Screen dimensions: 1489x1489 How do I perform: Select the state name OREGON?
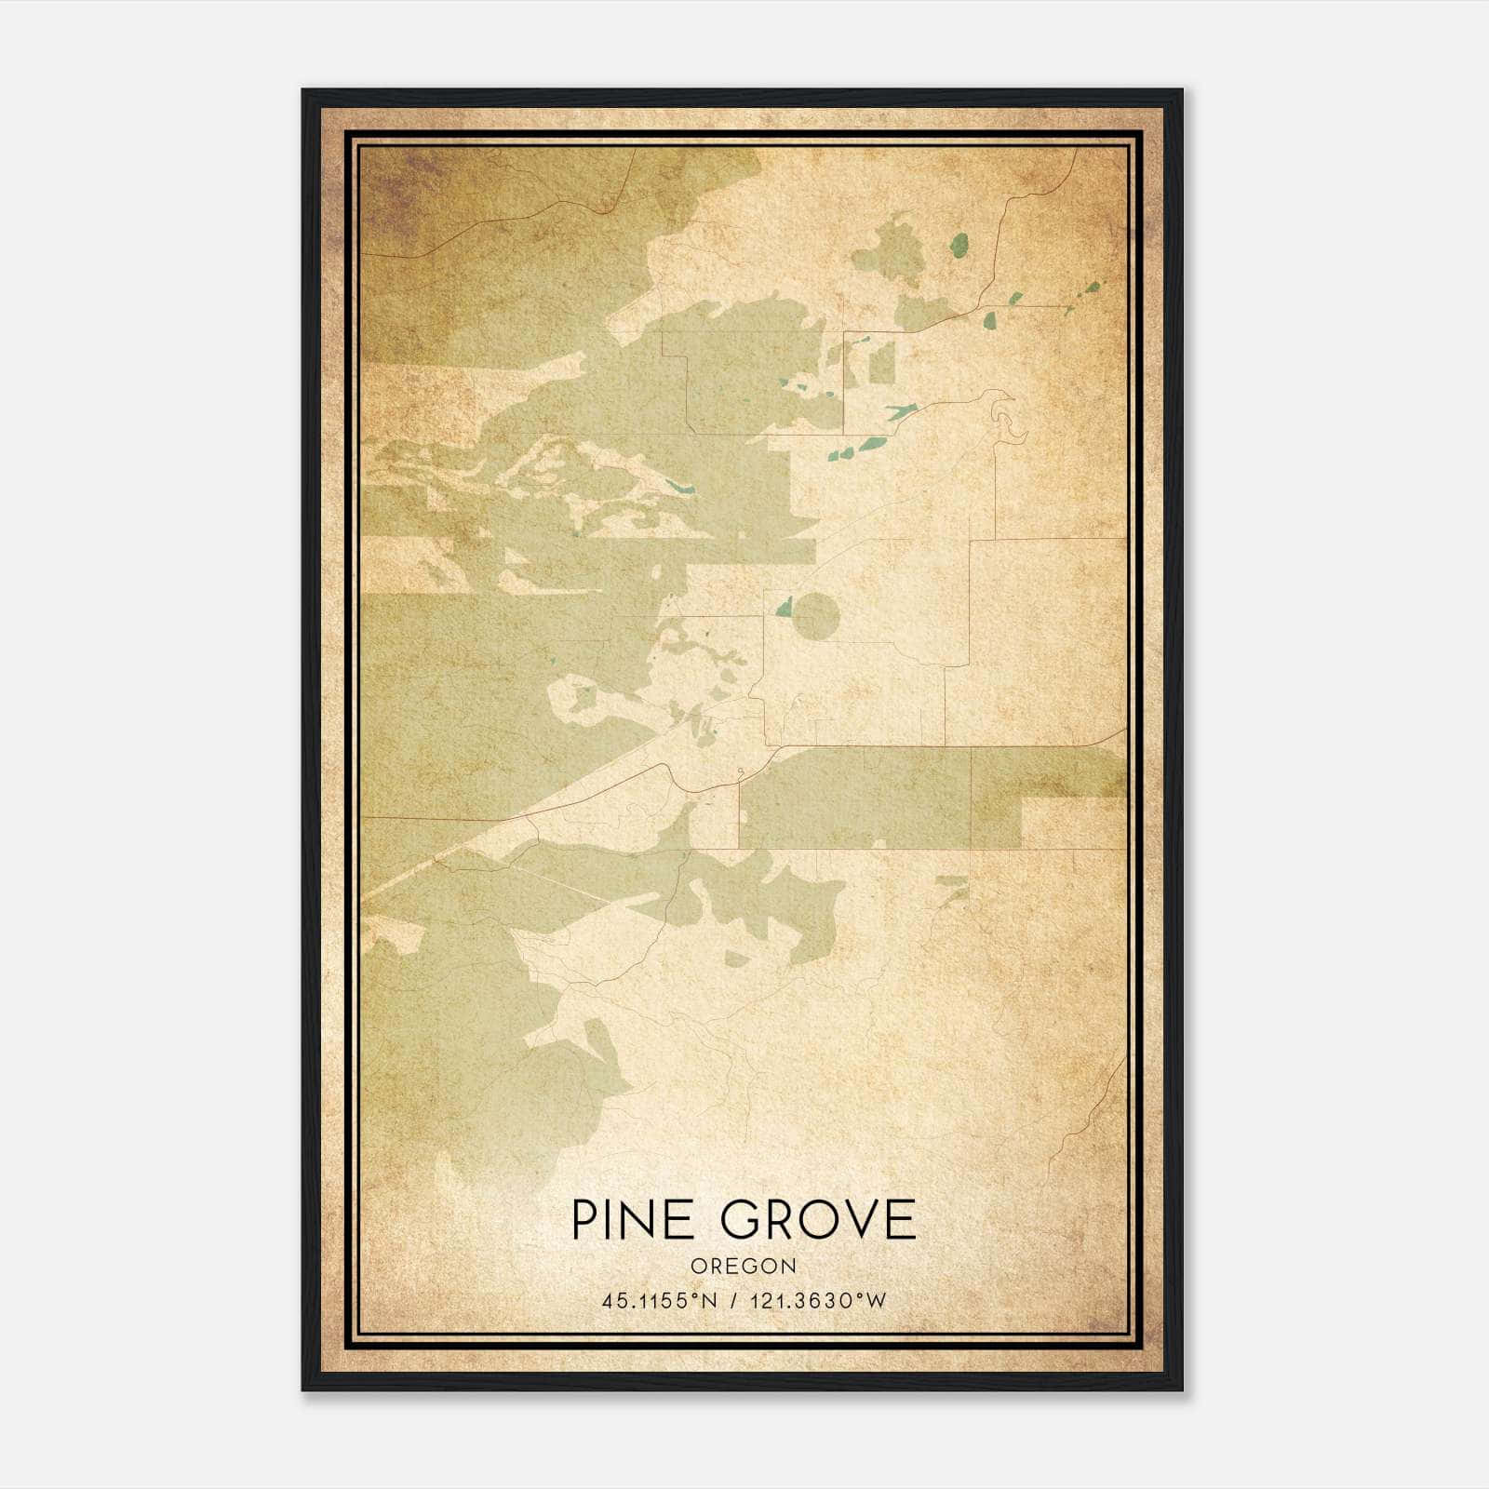pos(744,1267)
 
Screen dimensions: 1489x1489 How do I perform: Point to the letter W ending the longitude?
pos(877,1301)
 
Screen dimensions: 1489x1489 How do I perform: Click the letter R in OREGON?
pos(718,1267)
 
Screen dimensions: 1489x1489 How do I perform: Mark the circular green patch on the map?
pos(817,616)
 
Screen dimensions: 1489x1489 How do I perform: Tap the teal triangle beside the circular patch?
pos(785,608)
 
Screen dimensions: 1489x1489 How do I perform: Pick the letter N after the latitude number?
pos(709,1301)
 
